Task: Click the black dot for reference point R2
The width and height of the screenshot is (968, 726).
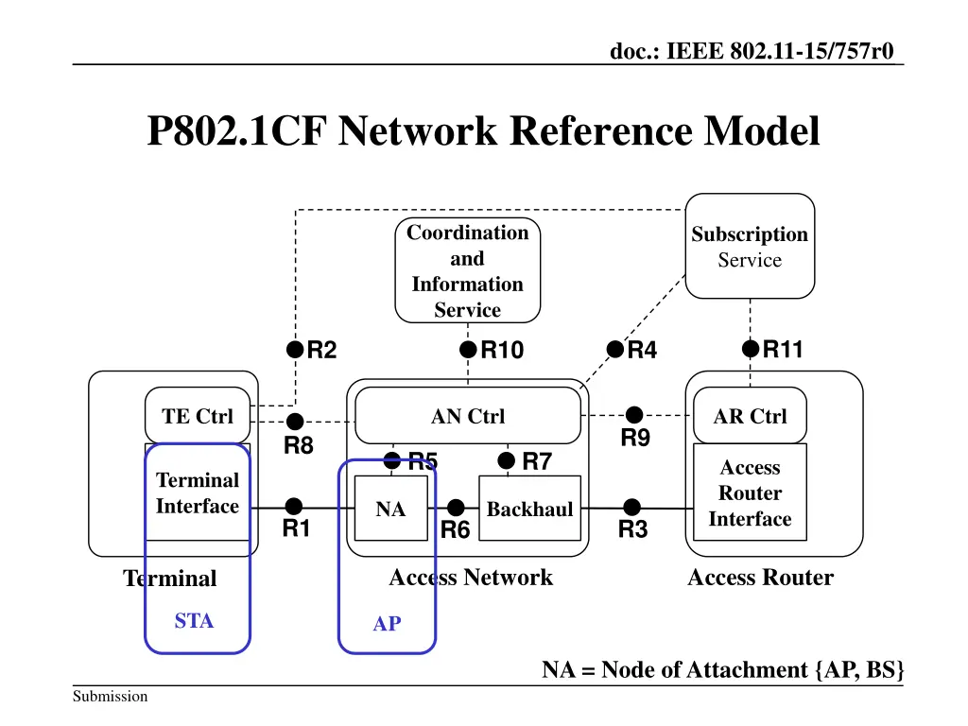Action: click(295, 351)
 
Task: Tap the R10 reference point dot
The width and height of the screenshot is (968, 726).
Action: click(468, 351)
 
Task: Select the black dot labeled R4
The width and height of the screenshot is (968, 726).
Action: click(615, 351)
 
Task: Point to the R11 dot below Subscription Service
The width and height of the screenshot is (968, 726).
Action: click(750, 350)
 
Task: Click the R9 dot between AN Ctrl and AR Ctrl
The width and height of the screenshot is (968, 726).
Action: click(634, 415)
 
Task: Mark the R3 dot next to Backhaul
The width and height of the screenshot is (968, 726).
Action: click(632, 508)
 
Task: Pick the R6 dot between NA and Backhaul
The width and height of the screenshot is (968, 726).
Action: click(456, 508)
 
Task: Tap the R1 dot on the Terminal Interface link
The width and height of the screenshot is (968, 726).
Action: click(294, 507)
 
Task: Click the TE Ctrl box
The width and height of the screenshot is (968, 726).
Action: click(198, 416)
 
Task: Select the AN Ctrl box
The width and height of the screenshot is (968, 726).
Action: click(468, 416)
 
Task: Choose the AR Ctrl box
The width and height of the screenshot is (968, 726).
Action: click(750, 416)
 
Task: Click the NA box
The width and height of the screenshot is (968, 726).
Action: click(390, 509)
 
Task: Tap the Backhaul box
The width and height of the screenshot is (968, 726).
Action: click(529, 509)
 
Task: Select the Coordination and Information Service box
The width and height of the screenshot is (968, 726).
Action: click(467, 270)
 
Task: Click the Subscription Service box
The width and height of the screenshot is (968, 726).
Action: click(750, 247)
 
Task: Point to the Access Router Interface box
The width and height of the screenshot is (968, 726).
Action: click(750, 493)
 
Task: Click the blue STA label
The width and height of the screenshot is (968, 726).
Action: click(194, 621)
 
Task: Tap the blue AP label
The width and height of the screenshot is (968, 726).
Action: click(387, 624)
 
